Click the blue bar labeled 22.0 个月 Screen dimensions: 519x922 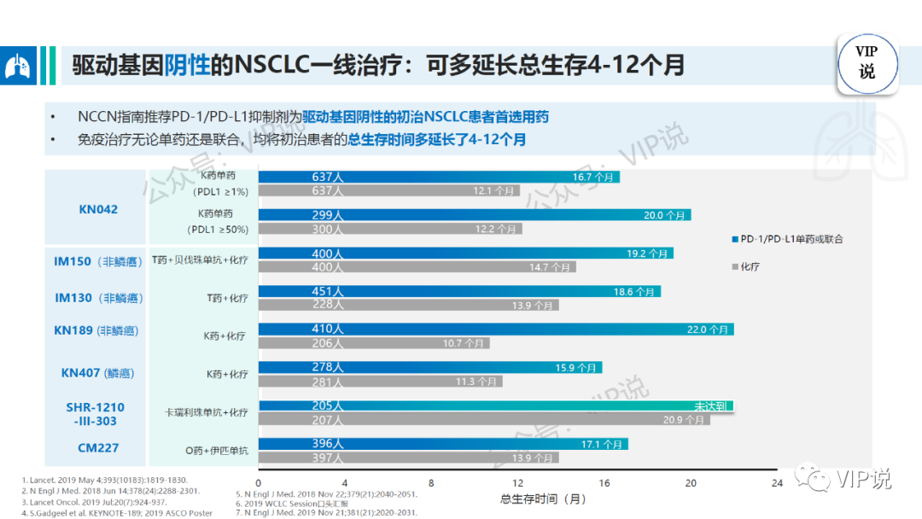click(x=495, y=329)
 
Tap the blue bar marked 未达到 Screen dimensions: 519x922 click(x=495, y=406)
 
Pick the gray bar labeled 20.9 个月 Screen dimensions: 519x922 click(x=483, y=420)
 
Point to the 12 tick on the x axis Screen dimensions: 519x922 click(x=517, y=483)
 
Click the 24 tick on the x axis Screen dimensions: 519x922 click(x=777, y=483)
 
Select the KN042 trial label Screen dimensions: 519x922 click(x=96, y=208)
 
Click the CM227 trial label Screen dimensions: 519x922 click(x=96, y=448)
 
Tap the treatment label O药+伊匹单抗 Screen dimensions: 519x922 click(x=206, y=450)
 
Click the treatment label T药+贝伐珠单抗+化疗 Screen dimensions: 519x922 click(x=200, y=259)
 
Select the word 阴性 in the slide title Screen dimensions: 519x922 click(x=187, y=66)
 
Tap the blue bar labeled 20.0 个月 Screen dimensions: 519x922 click(x=474, y=215)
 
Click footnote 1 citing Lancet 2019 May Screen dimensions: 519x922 click(x=103, y=481)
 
